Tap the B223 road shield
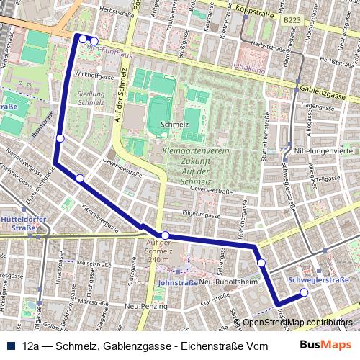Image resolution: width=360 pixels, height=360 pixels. [292, 22]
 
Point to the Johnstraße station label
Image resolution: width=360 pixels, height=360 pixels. [172, 283]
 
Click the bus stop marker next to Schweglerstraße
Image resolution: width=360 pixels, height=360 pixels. [304, 292]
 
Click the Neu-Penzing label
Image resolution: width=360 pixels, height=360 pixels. [140, 307]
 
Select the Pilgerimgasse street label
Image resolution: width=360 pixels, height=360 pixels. [199, 215]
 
